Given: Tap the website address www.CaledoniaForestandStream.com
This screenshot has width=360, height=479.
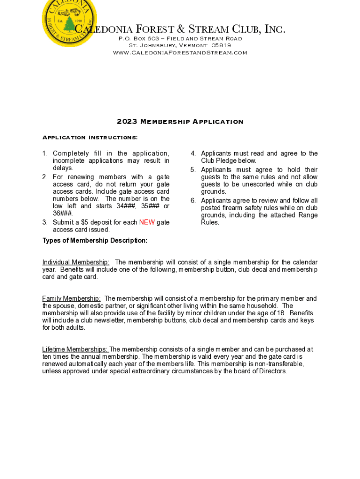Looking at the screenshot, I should pyautogui.click(x=180, y=53).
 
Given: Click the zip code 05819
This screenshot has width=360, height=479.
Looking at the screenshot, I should pyautogui.click(x=221, y=45).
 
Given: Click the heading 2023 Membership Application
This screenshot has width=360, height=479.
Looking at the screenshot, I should pyautogui.click(x=180, y=122).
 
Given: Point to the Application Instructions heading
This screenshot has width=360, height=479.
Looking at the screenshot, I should pyautogui.click(x=90, y=138).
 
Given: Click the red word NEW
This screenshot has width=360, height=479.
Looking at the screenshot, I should pyautogui.click(x=147, y=223).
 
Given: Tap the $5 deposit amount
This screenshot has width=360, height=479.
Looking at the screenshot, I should pyautogui.click(x=85, y=223).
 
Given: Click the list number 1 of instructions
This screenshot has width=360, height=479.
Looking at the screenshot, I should pyautogui.click(x=45, y=154).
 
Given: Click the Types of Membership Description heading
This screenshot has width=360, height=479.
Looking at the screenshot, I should pyautogui.click(x=95, y=241).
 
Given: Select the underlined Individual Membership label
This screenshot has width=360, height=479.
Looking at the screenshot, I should pyautogui.click(x=76, y=262).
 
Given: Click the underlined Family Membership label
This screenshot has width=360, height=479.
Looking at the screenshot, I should pyautogui.click(x=71, y=298).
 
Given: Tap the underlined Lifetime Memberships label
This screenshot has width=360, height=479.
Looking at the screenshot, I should pyautogui.click(x=75, y=349).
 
